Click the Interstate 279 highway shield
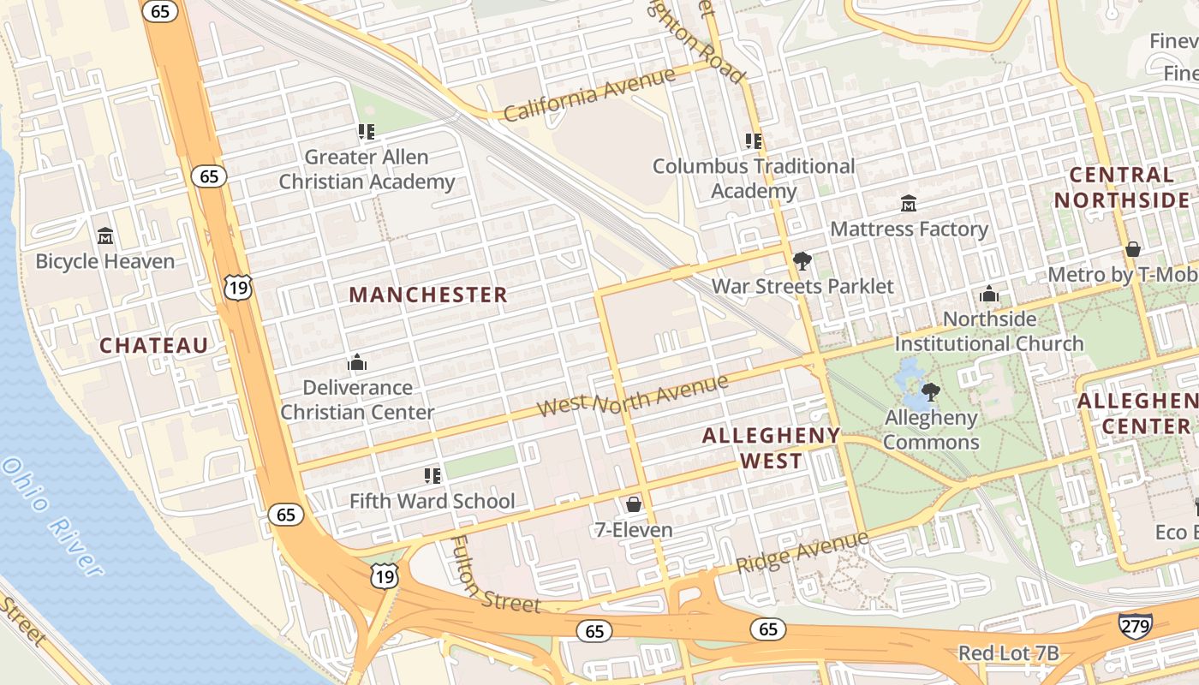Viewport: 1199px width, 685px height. pyautogui.click(x=1135, y=625)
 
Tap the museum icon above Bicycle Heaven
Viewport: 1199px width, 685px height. pyautogui.click(x=105, y=235)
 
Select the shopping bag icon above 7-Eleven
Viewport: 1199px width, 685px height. pyautogui.click(x=634, y=504)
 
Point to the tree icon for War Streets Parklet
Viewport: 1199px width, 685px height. pyautogui.click(x=802, y=260)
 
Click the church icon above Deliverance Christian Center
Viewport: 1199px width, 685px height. pyautogui.click(x=357, y=362)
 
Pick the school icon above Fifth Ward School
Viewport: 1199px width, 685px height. pyautogui.click(x=432, y=475)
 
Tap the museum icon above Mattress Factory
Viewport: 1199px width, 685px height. pyautogui.click(x=909, y=204)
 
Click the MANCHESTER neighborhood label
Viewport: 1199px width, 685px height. pyautogui.click(x=428, y=295)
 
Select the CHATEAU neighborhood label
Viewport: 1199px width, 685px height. pyautogui.click(x=154, y=346)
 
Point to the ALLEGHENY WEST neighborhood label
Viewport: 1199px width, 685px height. pyautogui.click(x=772, y=448)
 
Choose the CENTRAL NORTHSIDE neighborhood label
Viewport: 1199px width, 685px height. pyautogui.click(x=1121, y=188)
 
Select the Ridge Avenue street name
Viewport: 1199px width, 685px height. pyautogui.click(x=802, y=551)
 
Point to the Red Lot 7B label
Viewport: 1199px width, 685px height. pyautogui.click(x=1008, y=653)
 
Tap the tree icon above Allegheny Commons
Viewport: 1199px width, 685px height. pyautogui.click(x=931, y=392)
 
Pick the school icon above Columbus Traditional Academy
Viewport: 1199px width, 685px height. pyautogui.click(x=754, y=140)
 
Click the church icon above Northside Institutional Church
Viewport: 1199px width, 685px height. pyautogui.click(x=989, y=294)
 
